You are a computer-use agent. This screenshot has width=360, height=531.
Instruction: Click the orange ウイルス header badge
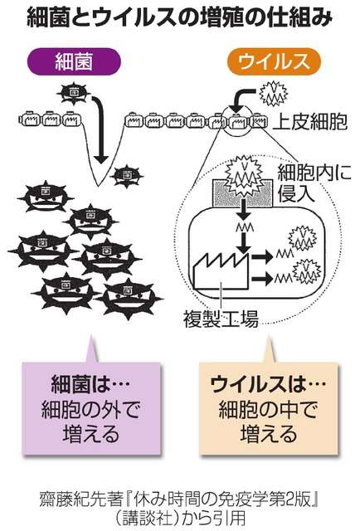(274, 61)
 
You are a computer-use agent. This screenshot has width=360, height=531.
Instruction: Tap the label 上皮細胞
(310, 122)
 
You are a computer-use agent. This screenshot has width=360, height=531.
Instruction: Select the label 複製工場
(221, 319)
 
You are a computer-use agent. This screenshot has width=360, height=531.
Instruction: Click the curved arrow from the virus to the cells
(244, 100)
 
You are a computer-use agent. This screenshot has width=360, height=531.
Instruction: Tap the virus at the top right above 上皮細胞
(273, 94)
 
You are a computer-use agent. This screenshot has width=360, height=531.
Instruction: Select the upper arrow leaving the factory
(261, 256)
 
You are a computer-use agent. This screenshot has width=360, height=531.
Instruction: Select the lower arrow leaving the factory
(261, 279)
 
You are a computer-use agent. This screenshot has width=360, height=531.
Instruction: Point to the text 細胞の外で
(90, 409)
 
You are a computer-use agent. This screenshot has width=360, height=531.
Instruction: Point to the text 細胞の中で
(268, 409)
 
